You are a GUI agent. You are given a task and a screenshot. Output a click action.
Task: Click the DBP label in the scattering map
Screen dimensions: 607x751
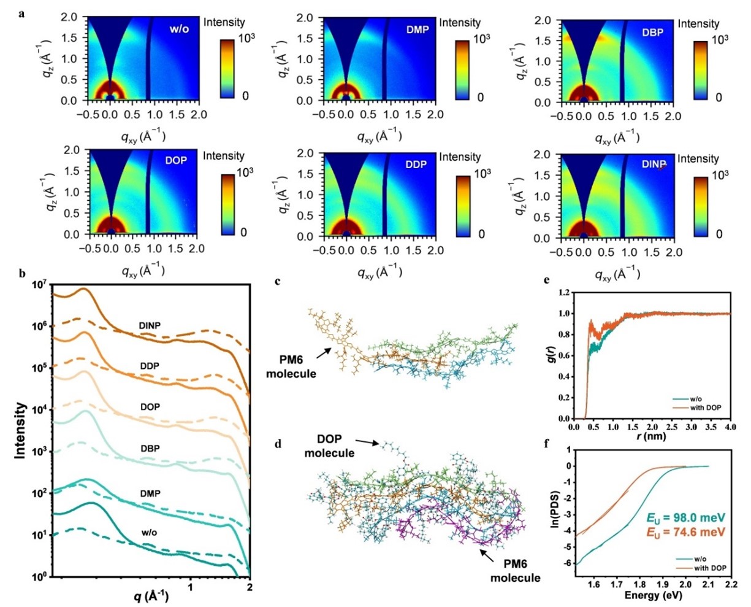coord(652,32)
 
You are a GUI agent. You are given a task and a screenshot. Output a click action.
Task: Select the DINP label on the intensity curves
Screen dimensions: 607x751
coord(150,326)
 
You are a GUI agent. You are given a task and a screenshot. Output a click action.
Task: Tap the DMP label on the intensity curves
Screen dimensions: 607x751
coord(150,493)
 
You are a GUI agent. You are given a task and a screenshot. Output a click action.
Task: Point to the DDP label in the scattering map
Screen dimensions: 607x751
coord(416,164)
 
